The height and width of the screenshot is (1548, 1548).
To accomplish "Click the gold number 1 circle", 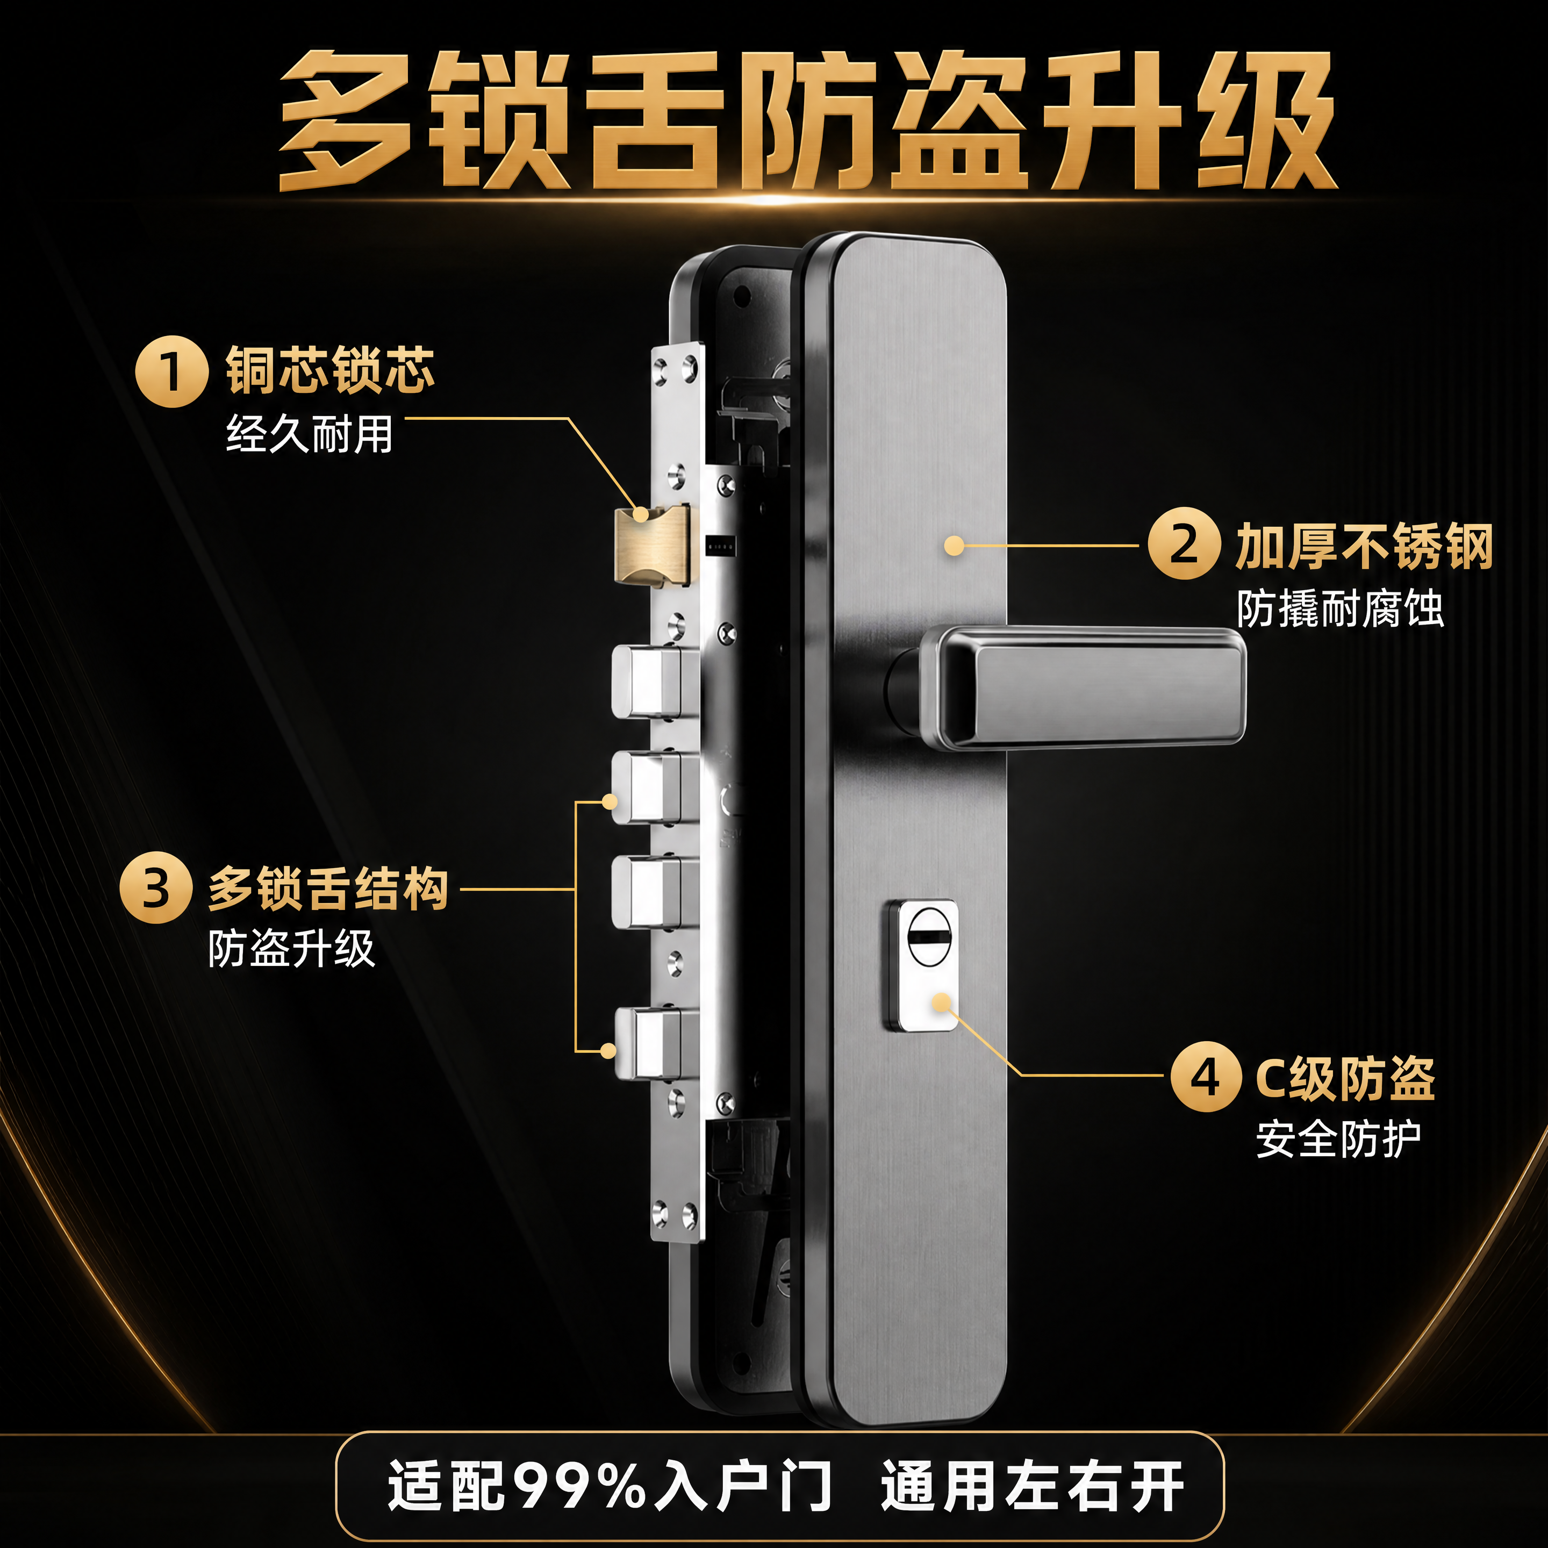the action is pos(171,372).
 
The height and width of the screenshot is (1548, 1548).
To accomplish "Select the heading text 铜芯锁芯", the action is pos(330,370).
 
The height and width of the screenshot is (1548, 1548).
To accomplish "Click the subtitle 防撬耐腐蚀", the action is pos(1339,609).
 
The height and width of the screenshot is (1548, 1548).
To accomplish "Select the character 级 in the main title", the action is pos(1266,120).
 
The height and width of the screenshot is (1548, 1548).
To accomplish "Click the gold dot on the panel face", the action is pos(954,546).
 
